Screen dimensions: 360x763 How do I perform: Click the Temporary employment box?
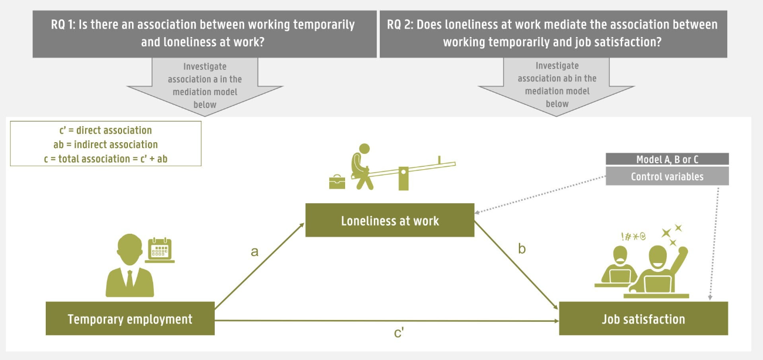[130, 319]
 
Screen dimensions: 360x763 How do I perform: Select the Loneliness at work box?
[390, 220]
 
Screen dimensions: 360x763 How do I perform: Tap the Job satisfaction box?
[643, 319]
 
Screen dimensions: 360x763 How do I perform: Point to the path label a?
[254, 252]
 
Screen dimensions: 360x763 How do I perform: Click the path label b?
[522, 248]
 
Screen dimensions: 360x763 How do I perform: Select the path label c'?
[399, 334]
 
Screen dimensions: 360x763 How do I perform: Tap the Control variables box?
[667, 176]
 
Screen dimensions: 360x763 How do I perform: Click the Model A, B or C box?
[667, 159]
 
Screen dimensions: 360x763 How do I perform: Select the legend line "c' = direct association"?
[106, 130]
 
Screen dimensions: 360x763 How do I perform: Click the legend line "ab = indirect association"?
[106, 144]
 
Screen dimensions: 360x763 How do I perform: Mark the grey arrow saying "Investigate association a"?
[204, 85]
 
